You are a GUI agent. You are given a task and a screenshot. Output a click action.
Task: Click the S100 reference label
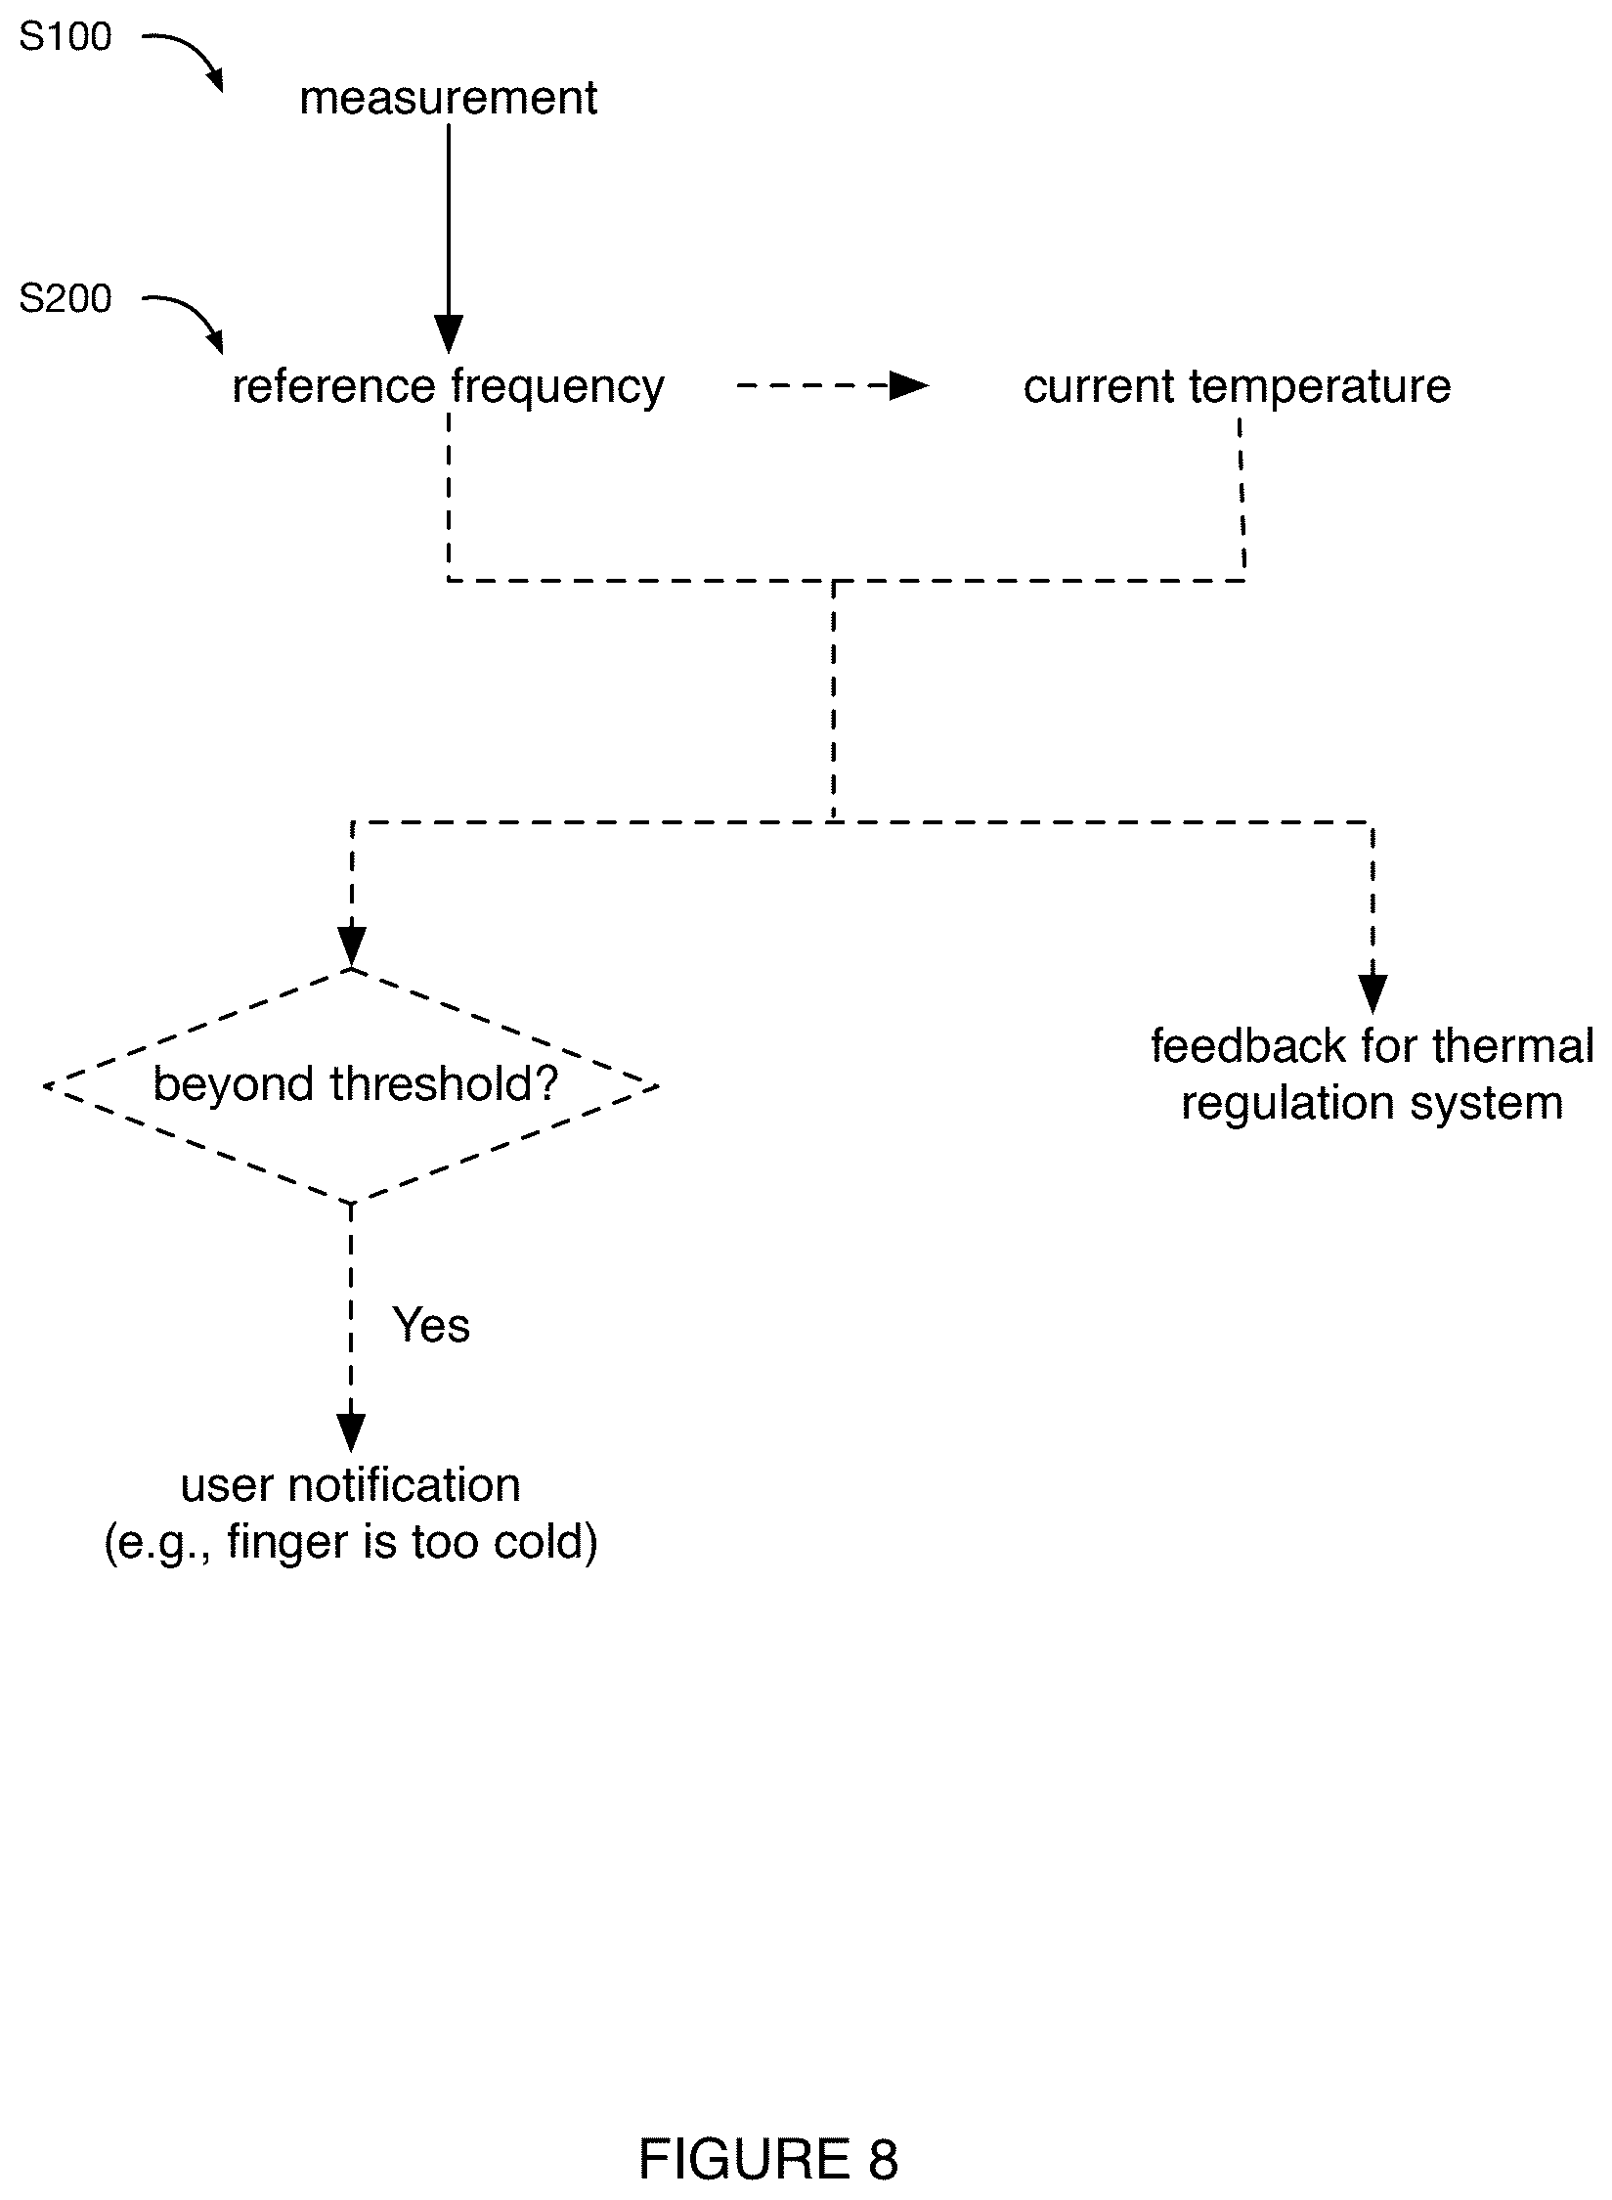65,38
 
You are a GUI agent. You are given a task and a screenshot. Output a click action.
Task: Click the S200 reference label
65,299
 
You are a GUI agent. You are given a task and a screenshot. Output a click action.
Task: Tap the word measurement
449,98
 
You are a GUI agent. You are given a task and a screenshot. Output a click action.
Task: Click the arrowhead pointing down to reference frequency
449,335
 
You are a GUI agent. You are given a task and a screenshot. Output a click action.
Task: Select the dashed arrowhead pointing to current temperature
909,387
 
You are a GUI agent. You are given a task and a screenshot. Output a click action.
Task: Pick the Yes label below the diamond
431,1326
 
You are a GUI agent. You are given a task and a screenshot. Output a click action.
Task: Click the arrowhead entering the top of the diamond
351,946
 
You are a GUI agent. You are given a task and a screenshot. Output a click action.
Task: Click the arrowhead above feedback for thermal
1372,994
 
